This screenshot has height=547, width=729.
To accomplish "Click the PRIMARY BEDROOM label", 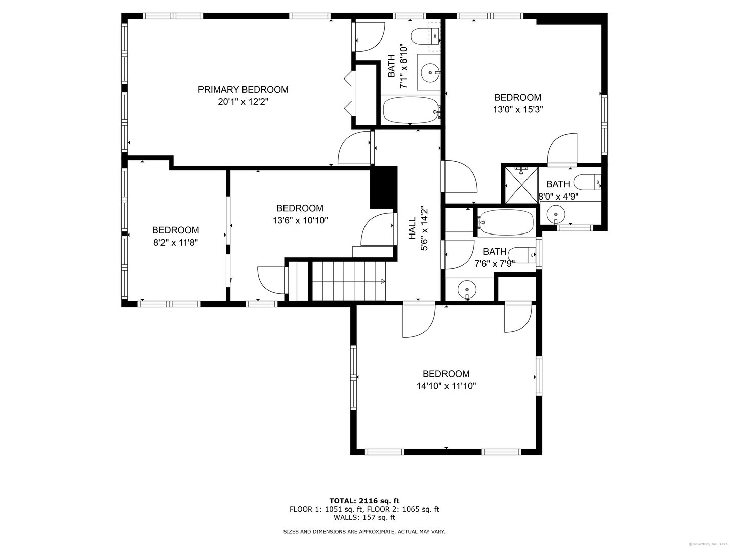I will click(x=243, y=90).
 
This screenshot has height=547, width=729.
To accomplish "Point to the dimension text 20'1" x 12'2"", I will click(x=243, y=102).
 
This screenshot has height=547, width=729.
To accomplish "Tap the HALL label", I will click(x=412, y=228).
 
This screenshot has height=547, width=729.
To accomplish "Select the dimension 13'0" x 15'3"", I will click(x=517, y=109).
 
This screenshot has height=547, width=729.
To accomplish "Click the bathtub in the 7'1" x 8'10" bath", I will click(x=411, y=110).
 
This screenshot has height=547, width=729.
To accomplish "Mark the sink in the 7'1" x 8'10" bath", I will click(x=430, y=73).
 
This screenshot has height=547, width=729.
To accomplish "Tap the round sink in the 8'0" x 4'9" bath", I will click(x=555, y=214).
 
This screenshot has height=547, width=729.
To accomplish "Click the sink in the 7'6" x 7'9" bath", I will click(x=466, y=290).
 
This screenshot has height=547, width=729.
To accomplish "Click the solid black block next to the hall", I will click(x=383, y=187).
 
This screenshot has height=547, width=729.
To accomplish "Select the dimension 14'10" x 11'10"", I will click(x=446, y=386).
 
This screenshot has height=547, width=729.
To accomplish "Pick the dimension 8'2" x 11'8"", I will click(x=175, y=243).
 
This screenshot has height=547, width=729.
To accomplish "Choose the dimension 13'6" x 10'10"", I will click(x=300, y=220).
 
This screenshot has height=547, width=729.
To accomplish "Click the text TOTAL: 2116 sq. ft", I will click(x=364, y=501).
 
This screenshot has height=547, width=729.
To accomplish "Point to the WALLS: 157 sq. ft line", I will click(x=364, y=517).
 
